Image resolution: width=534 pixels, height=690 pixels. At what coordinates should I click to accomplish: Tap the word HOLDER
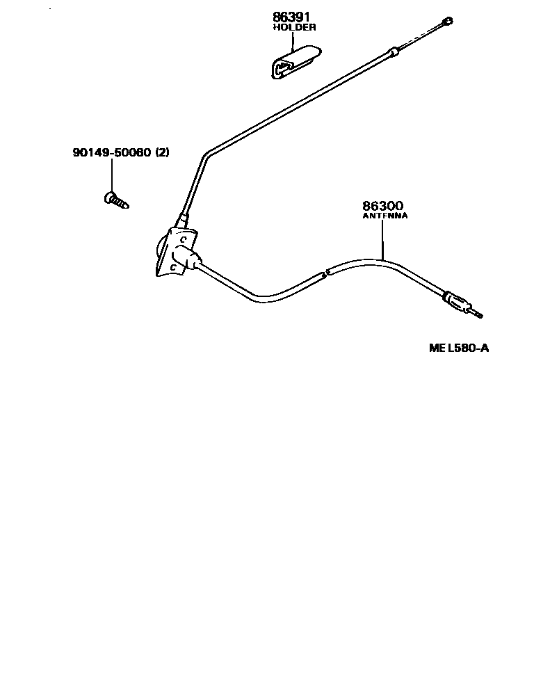pos(294,28)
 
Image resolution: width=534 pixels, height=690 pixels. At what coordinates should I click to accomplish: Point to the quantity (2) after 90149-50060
pos(162,153)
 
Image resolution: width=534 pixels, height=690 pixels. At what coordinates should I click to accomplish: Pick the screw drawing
pos(116,200)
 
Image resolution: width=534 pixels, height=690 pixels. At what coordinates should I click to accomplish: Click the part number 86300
pos(382,206)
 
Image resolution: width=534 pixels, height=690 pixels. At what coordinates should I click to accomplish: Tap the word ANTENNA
pos(385,216)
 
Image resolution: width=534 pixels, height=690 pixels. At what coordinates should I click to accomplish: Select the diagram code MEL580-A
pos(459,348)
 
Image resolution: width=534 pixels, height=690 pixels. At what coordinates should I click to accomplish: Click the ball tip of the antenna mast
pos(449,22)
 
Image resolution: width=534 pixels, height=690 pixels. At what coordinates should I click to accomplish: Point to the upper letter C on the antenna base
pos(182,239)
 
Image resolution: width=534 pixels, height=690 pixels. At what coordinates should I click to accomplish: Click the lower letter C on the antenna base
pos(172,266)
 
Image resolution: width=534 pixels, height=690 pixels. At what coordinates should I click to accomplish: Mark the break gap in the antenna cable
pos(325,273)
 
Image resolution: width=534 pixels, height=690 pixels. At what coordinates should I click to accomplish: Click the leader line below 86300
pos(383,240)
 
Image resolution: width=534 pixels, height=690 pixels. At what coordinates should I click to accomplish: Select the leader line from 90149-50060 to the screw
pos(111,175)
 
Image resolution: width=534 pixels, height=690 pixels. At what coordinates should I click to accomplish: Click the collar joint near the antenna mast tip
pos(394,51)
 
